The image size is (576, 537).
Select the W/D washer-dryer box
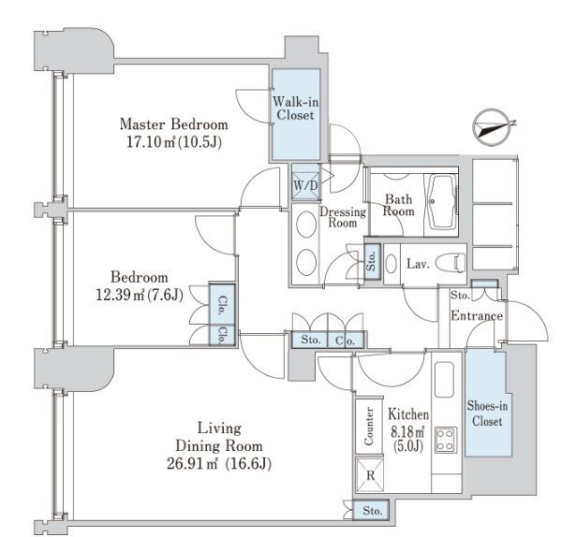click(x=305, y=185)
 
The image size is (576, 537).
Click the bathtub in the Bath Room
click(x=441, y=198)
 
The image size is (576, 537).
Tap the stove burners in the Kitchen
click(x=444, y=441)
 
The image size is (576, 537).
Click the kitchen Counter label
click(x=369, y=427)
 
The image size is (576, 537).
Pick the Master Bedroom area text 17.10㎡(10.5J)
click(x=173, y=142)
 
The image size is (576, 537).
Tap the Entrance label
click(x=478, y=316)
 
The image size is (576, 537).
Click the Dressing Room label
click(x=343, y=217)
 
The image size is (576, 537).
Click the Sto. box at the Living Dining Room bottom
click(x=373, y=511)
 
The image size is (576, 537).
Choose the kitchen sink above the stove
click(x=444, y=383)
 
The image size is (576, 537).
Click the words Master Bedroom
click(x=174, y=123)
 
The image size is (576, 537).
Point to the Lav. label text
click(x=418, y=265)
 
